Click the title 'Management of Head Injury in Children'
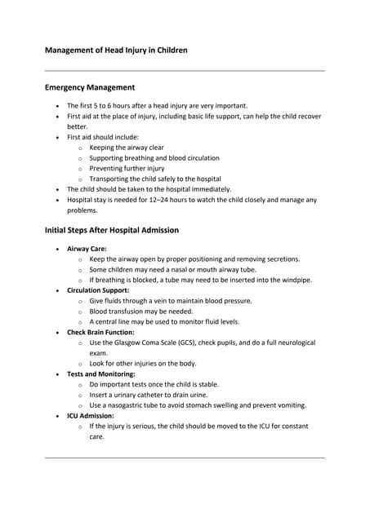(115, 51)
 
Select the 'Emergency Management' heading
(89, 87)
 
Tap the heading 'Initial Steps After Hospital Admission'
(111, 230)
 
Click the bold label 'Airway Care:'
(87, 248)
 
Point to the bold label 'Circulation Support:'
(98, 290)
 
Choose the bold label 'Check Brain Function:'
(100, 333)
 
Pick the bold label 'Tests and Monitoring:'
(100, 374)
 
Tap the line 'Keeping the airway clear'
(132, 148)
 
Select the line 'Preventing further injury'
(127, 168)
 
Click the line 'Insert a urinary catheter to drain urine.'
(154, 395)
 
